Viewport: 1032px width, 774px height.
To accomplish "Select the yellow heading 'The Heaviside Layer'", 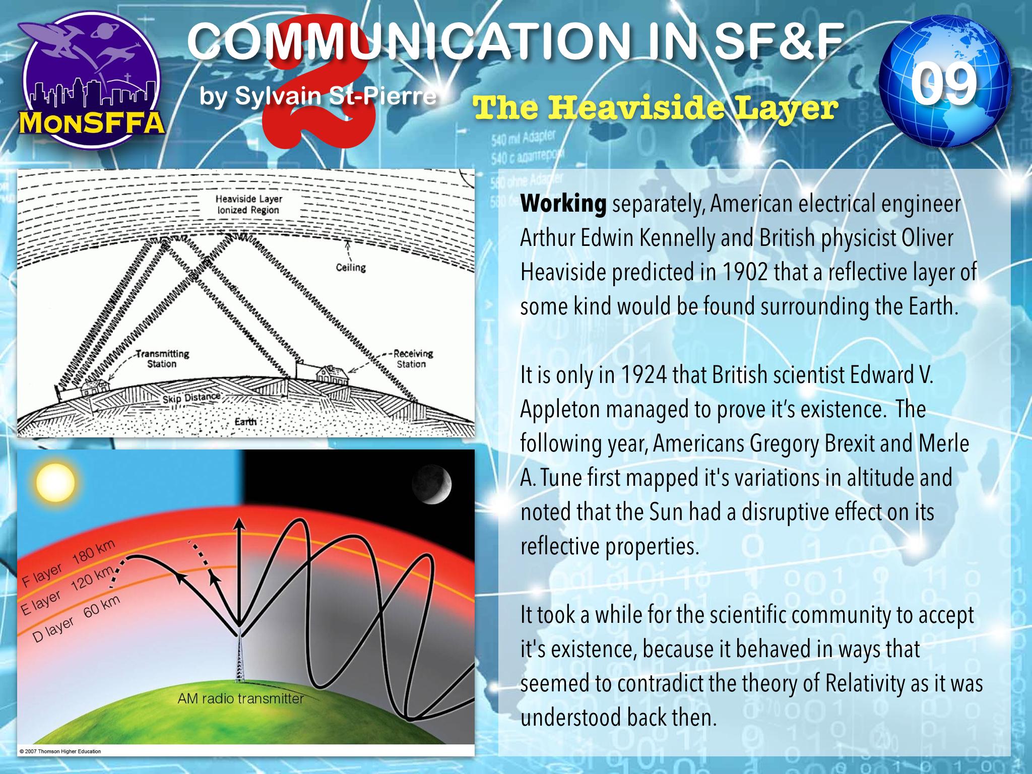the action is (x=653, y=108).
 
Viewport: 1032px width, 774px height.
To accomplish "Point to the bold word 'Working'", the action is (x=563, y=205).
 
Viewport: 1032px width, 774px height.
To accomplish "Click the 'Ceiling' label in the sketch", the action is (x=351, y=267).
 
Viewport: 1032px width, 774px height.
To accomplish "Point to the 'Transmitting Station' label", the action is (x=161, y=359).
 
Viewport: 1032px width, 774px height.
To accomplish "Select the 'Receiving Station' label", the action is (x=411, y=359).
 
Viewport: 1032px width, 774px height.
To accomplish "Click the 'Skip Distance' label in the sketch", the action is (x=191, y=398).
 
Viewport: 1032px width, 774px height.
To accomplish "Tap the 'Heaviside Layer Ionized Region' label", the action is (x=248, y=205).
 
